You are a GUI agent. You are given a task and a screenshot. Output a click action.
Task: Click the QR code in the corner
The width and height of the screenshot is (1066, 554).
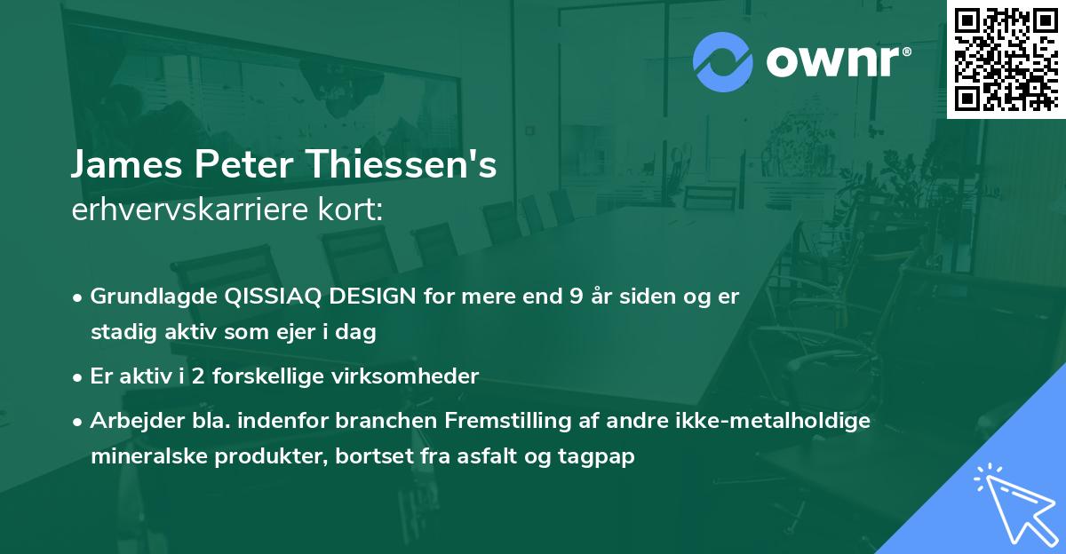(1006, 59)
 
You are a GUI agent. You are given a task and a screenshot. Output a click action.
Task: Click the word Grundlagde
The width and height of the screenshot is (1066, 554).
(155, 297)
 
